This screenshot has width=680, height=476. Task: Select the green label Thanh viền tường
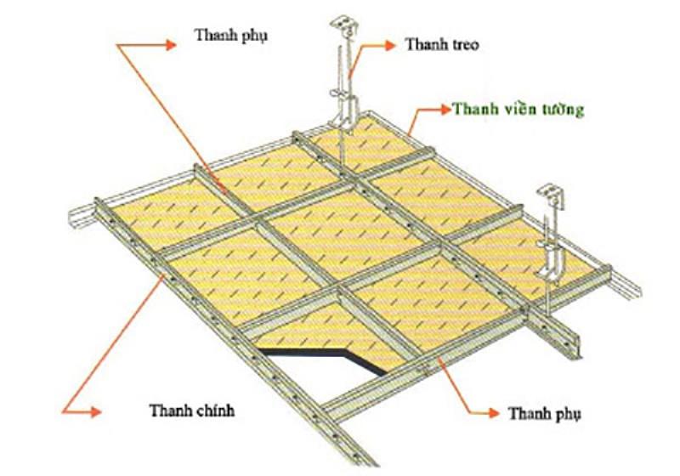(x=518, y=110)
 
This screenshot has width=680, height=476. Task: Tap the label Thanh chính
(x=184, y=408)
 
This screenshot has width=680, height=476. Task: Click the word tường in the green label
(x=563, y=110)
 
